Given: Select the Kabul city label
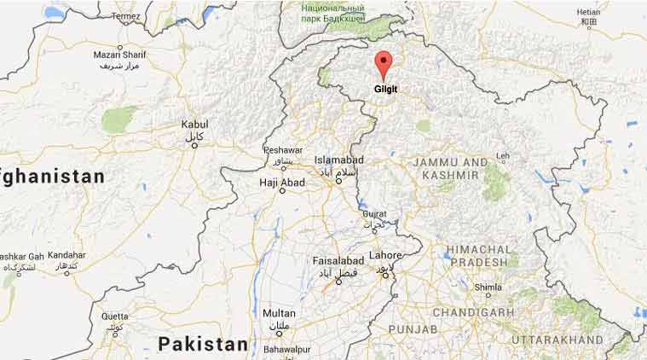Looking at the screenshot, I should click(x=194, y=125).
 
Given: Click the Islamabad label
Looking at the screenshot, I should click(x=338, y=160).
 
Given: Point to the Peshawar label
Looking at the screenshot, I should click(x=284, y=149).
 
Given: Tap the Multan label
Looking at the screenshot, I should click(x=279, y=313).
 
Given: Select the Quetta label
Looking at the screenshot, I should click(x=115, y=316).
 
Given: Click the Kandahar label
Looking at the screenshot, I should click(x=66, y=255).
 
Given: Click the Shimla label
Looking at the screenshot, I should click(x=488, y=287).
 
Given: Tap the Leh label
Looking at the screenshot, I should click(x=503, y=156).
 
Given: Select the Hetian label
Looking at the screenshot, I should click(x=588, y=13).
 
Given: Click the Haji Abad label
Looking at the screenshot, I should click(x=281, y=182).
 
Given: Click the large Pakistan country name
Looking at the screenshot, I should click(x=202, y=343).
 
